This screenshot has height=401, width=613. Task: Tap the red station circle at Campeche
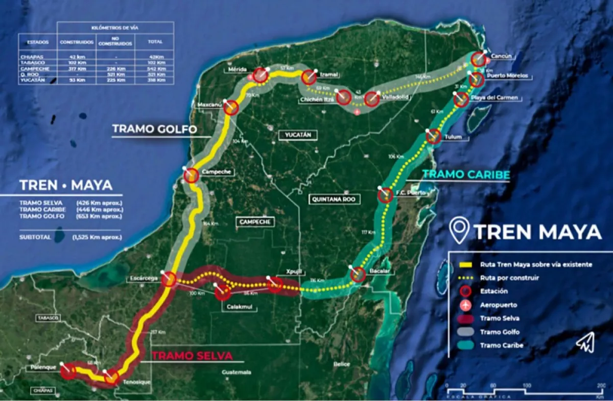191,175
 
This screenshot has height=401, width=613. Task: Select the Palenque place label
41,368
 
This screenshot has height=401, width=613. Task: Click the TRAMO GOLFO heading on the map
154,129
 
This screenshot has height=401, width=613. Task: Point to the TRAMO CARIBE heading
466,175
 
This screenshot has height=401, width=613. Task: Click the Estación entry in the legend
494,291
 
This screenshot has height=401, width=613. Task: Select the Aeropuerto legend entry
499,305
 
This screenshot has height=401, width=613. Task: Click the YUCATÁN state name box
295,135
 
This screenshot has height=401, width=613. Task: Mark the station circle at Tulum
433,136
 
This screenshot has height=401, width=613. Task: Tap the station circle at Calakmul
223,293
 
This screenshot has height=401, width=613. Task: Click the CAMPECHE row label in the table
31,69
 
